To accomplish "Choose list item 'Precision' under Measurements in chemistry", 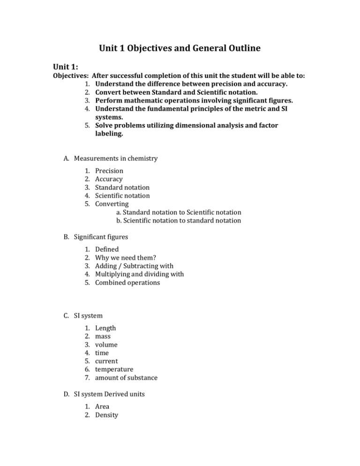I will pyautogui.click(x=109, y=171).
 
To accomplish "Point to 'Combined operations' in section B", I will pyautogui.click(x=127, y=283).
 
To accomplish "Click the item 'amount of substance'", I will pyautogui.click(x=126, y=377).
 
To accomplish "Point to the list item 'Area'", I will pyautogui.click(x=103, y=407).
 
